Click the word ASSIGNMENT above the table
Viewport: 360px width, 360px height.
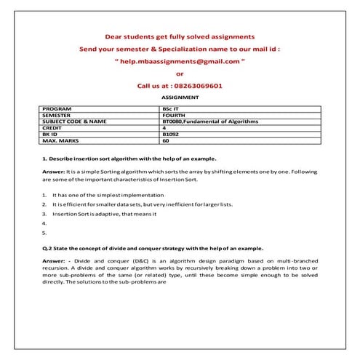(180, 97)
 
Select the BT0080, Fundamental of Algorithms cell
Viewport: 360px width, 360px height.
(212, 121)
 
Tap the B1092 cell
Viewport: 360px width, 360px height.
(172, 134)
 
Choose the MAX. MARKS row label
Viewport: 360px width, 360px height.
(60, 140)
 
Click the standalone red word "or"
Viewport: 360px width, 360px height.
(180, 73)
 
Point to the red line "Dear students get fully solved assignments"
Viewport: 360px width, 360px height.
(180, 36)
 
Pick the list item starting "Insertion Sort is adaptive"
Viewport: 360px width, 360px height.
(105, 215)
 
